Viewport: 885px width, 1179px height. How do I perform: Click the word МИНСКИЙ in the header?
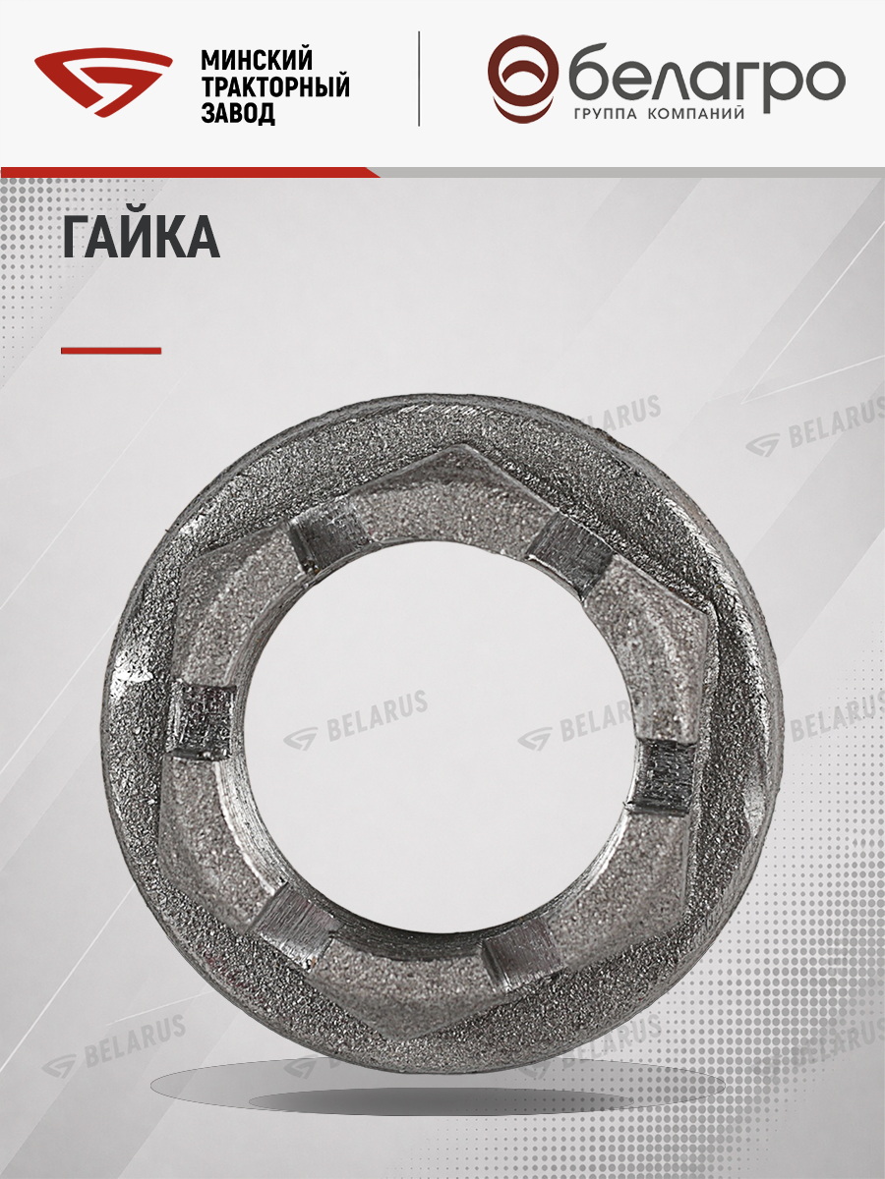pos(257,59)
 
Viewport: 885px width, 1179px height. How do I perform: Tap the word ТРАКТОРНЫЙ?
pos(275,86)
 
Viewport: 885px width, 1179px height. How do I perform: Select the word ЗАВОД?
pos(238,114)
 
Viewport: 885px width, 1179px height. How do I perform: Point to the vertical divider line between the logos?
pos(419,80)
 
